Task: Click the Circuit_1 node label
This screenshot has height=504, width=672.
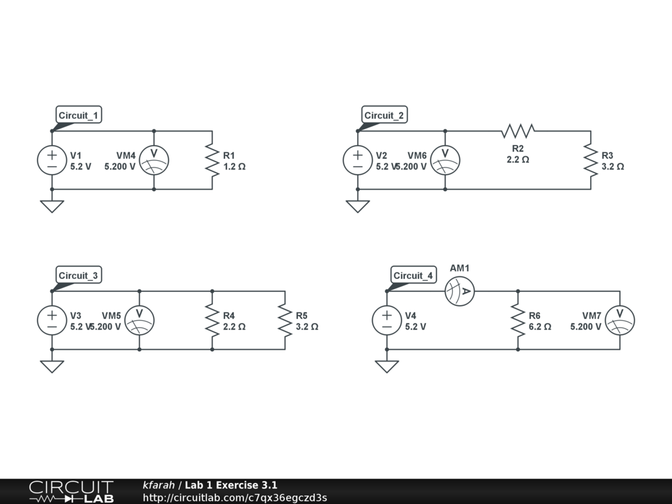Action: pos(79,115)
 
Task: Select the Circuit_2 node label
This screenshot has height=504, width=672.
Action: pos(385,115)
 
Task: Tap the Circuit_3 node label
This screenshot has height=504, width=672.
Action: pos(78,276)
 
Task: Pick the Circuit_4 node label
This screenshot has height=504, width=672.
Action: pos(413,276)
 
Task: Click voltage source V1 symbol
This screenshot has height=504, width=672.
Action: pos(52,160)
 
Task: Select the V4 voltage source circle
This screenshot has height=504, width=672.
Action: pos(387,320)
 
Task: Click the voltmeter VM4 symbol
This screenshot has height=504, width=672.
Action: pos(154,160)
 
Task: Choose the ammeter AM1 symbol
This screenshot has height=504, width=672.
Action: pos(460,291)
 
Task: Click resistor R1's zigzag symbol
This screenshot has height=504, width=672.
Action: pos(212,160)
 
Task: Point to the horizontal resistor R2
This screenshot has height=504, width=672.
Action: pos(518,131)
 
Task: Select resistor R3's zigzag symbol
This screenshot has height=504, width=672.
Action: pos(591,160)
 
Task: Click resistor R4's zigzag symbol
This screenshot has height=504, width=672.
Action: pos(212,320)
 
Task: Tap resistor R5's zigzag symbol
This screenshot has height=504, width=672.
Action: pos(285,320)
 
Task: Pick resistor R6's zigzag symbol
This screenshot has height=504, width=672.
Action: pos(518,320)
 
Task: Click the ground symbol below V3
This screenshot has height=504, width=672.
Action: pos(52,366)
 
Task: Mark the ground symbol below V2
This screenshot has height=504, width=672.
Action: pos(358,206)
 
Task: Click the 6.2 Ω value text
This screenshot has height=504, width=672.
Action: pos(540,326)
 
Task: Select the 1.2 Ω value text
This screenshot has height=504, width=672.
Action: pos(234,167)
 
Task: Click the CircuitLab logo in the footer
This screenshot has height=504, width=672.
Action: pos(71,492)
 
